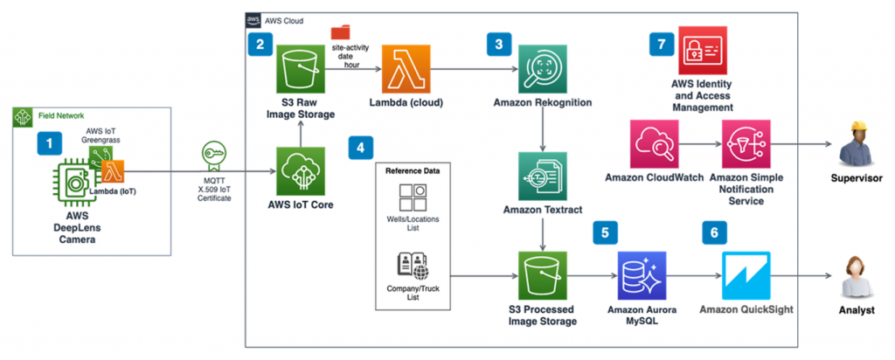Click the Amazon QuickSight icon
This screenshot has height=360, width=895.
[x=746, y=275]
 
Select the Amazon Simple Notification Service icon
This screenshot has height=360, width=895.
[x=746, y=145]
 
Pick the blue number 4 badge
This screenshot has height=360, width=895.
[x=358, y=148]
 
